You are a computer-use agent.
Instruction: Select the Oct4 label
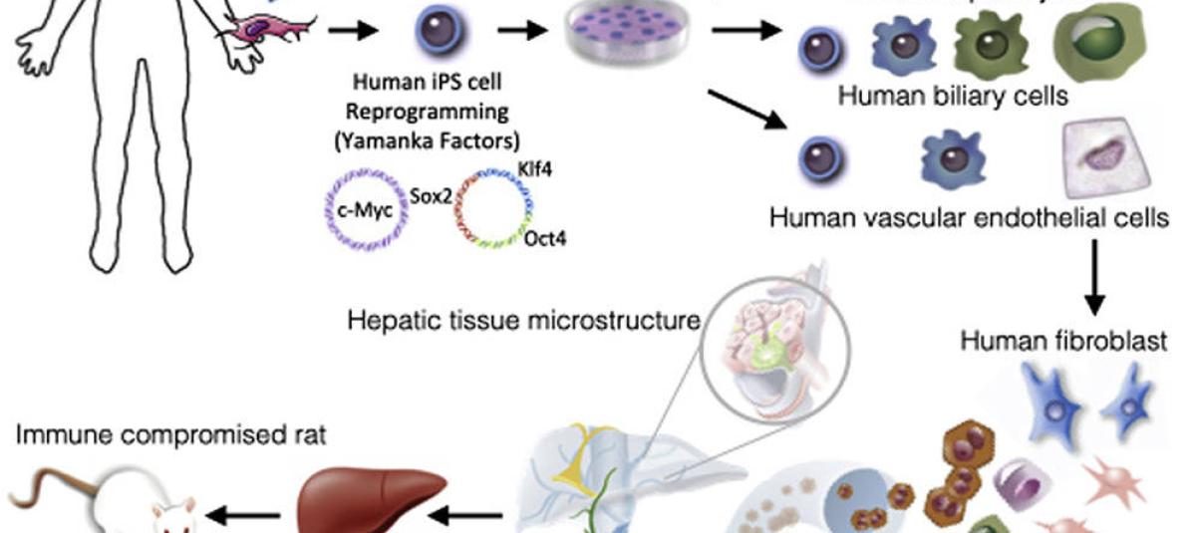click(544, 240)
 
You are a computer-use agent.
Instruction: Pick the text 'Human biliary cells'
click(953, 97)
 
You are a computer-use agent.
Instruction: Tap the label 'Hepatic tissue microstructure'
click(523, 320)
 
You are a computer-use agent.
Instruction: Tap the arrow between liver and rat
click(249, 515)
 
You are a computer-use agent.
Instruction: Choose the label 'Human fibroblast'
click(1063, 342)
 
